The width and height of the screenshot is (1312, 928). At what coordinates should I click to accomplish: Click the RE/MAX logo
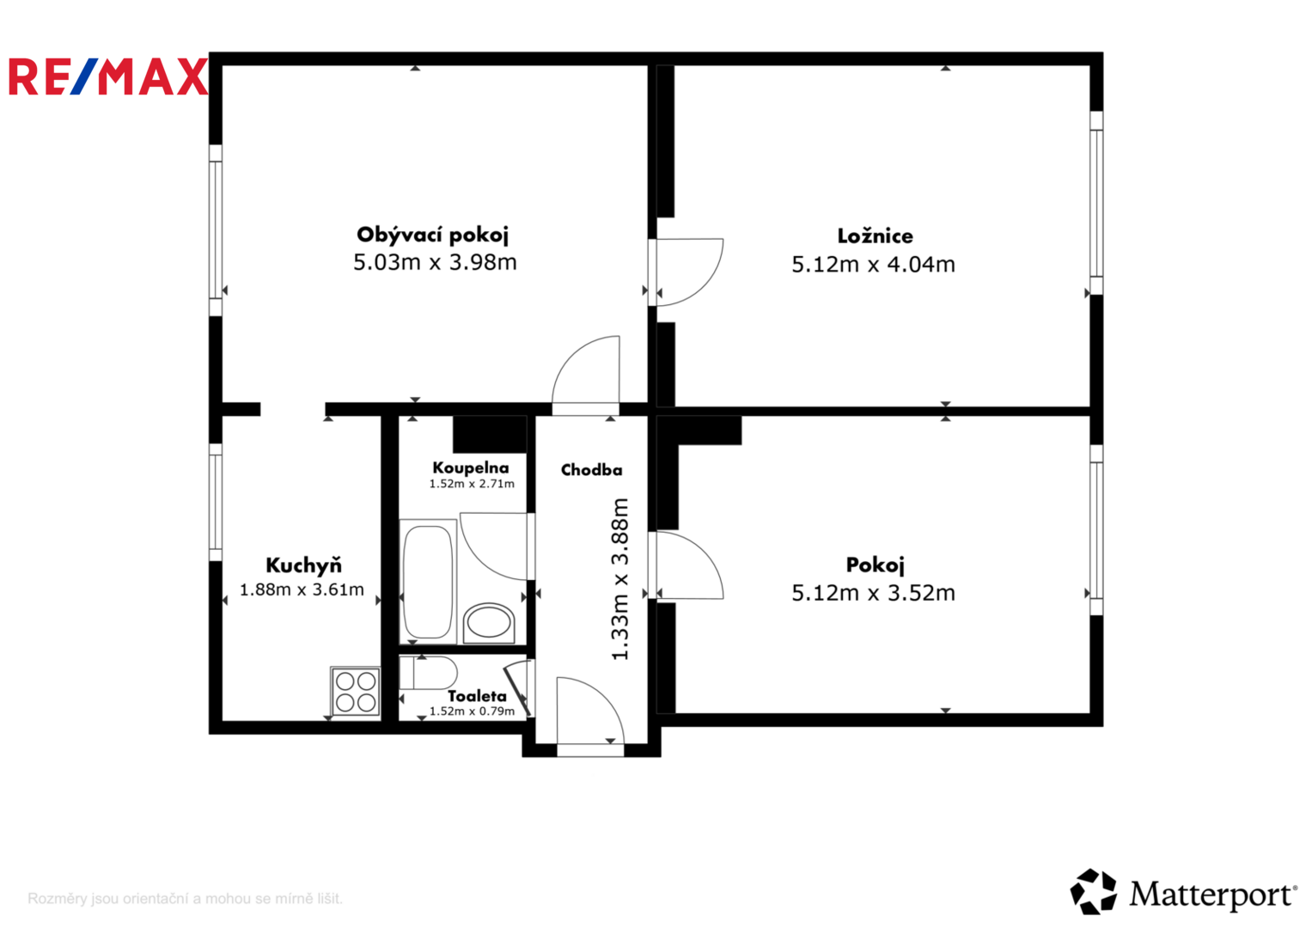tap(108, 76)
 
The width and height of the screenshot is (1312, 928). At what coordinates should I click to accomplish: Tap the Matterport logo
tap(1183, 893)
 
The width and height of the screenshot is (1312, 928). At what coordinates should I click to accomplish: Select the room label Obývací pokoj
tap(433, 235)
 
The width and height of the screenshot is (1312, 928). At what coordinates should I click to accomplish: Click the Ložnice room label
tap(875, 236)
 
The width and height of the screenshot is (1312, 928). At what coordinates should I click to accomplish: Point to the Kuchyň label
tap(303, 565)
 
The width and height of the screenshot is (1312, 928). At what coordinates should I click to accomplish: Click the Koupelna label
tap(471, 468)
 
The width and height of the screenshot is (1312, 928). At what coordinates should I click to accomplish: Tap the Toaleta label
tap(477, 696)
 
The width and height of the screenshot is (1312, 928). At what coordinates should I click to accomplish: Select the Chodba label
tap(591, 470)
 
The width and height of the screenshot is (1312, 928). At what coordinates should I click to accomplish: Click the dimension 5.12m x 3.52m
tap(873, 593)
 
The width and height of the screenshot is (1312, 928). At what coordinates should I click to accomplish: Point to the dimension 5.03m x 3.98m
tap(435, 262)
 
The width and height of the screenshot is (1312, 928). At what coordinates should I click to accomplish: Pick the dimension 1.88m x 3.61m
tap(302, 589)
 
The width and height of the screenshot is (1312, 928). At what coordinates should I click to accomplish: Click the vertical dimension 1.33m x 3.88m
tap(619, 579)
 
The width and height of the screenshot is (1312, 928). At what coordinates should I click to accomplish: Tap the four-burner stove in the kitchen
tap(356, 692)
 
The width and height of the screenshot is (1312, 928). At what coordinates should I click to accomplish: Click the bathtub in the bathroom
tap(427, 581)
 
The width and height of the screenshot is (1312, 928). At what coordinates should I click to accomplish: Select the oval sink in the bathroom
tap(489, 622)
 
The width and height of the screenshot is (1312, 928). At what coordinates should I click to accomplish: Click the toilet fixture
tap(429, 673)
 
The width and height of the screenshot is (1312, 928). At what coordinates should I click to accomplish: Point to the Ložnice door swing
tap(690, 271)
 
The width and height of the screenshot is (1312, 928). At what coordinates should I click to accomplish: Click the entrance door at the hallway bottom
tap(589, 715)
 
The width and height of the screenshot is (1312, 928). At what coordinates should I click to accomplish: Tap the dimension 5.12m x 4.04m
tap(873, 265)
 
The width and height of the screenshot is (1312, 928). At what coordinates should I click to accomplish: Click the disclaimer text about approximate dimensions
tap(185, 899)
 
